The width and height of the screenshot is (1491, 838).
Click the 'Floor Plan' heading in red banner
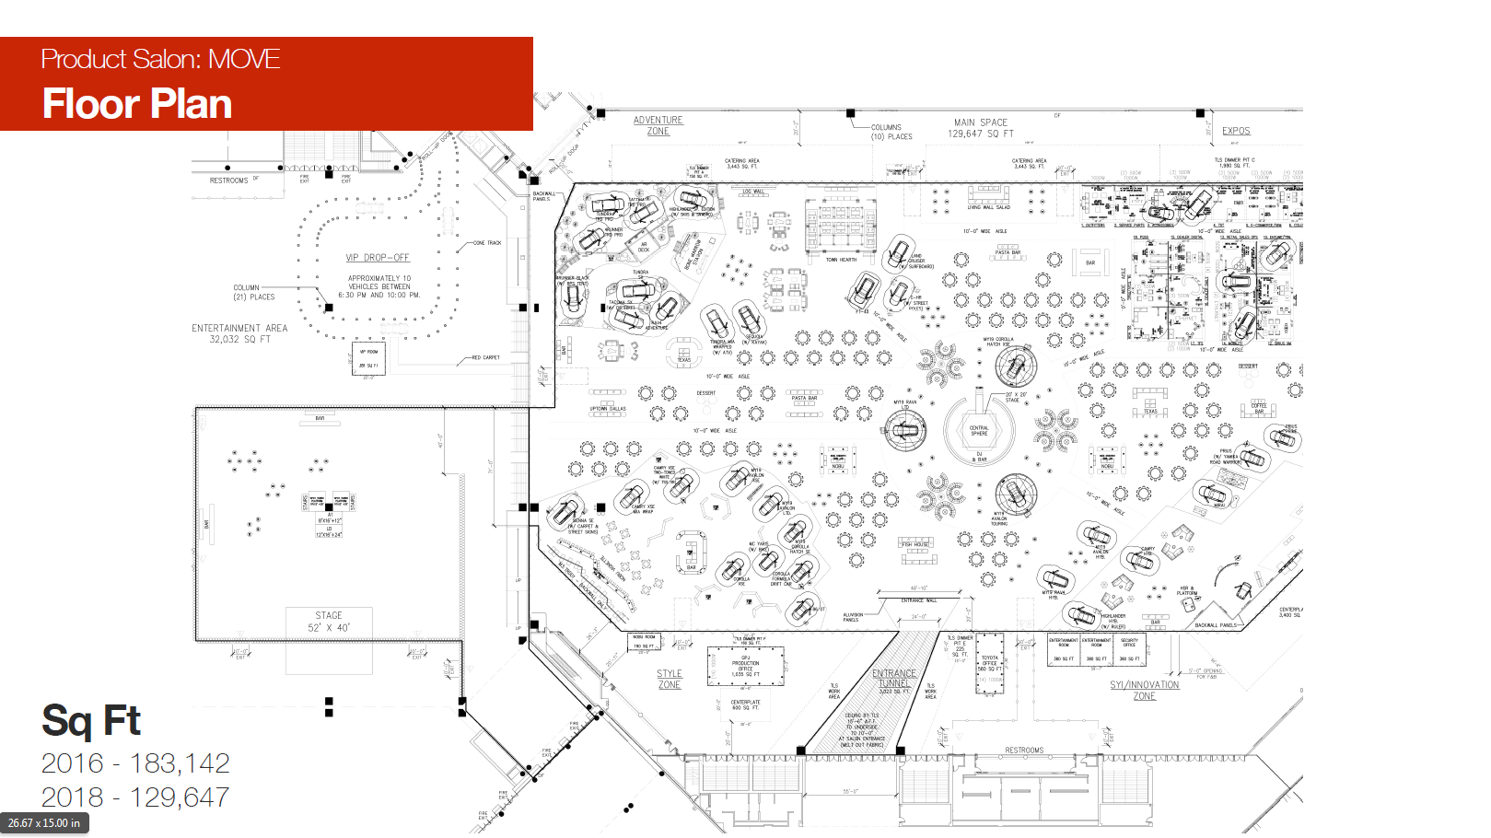[137, 104]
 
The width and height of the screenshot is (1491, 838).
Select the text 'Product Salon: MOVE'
[160, 60]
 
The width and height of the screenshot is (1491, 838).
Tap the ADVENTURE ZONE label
[658, 126]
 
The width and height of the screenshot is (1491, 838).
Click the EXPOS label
[1236, 131]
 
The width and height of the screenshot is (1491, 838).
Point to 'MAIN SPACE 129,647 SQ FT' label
[981, 128]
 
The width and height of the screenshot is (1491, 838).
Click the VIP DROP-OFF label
[378, 258]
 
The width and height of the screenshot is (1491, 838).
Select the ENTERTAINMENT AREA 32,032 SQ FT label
[239, 333]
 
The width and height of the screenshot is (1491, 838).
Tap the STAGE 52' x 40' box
[329, 622]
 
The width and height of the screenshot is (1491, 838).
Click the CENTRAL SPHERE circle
[979, 430]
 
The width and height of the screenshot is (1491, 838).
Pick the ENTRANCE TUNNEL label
[893, 679]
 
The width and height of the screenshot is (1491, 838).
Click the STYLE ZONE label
[670, 680]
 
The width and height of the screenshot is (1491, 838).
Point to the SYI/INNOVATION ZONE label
[1144, 691]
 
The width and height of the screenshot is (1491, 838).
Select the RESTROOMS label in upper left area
[228, 180]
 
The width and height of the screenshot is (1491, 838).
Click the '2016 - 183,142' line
[135, 763]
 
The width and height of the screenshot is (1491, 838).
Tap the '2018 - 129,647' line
[135, 797]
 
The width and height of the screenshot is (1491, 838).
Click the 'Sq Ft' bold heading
[90, 721]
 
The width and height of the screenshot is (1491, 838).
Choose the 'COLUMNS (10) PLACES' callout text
[891, 132]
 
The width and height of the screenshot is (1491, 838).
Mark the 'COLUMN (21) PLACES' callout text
[253, 292]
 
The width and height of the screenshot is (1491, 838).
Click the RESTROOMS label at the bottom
[1024, 751]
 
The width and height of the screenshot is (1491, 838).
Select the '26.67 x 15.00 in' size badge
[44, 823]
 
